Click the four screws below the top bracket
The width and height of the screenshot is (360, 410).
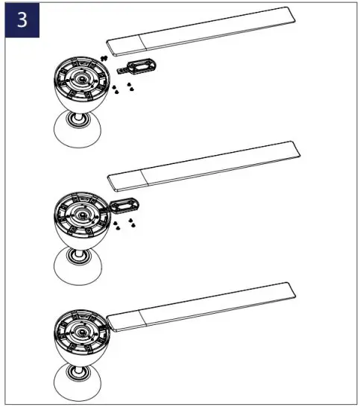122,87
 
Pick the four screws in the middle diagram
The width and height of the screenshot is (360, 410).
124,224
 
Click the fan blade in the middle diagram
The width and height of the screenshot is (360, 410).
205,165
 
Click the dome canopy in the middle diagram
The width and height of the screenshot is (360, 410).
75,266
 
